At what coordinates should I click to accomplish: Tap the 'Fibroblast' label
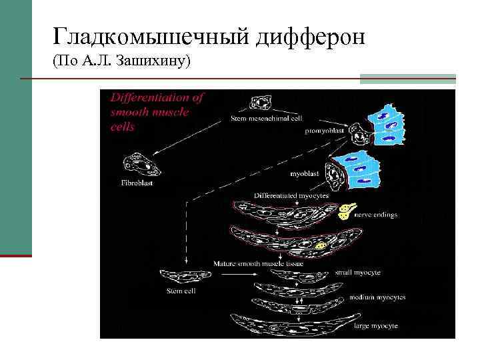[x=136, y=183]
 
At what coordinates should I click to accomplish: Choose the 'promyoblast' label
[x=325, y=131]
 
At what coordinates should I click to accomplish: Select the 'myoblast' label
[x=304, y=173]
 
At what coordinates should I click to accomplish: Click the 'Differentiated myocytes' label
[x=291, y=195]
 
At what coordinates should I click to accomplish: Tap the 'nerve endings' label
[x=375, y=215]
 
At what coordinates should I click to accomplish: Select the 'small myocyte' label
[x=357, y=272]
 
